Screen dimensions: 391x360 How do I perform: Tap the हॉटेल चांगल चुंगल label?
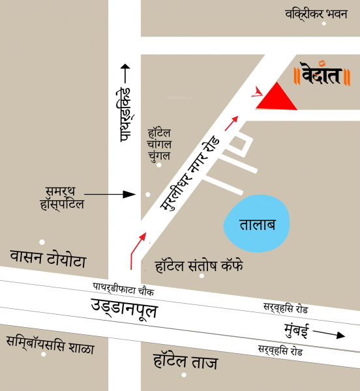[x=159, y=145]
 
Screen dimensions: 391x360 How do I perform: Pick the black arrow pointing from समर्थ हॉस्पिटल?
[x=110, y=194]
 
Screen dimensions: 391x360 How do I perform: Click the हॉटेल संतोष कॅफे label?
[x=199, y=265]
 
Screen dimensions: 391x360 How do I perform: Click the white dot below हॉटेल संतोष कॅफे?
[x=202, y=276]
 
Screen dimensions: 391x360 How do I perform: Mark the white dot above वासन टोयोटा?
[x=42, y=242]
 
